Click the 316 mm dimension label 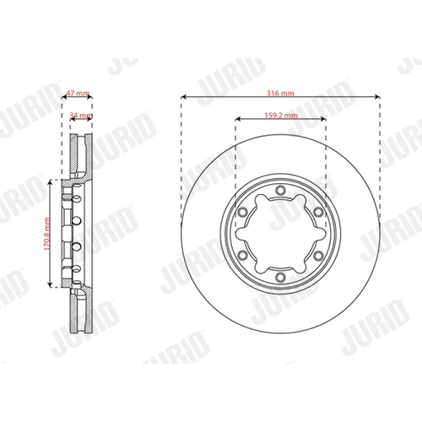[x=280, y=93]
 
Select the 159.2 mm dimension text [x=281, y=115]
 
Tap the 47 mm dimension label [x=78, y=93]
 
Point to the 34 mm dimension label [x=81, y=115]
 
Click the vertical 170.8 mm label [x=46, y=234]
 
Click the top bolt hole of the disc [x=280, y=190]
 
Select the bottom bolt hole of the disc [x=280, y=277]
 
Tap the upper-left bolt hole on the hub [x=242, y=212]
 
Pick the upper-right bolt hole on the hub [x=318, y=212]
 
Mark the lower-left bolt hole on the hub [x=242, y=256]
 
